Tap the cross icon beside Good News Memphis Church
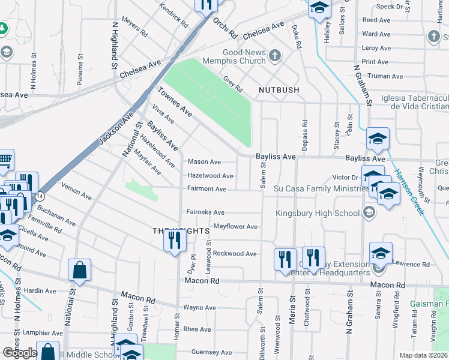[275, 56]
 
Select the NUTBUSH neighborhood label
[279, 90]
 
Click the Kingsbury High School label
[318, 213]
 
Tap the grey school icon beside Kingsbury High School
[369, 212]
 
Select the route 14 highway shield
[39, 196]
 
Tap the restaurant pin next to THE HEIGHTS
[175, 241]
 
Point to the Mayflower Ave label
[236, 227]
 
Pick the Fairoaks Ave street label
[205, 212]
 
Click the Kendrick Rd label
[174, 15]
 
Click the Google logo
[19, 353]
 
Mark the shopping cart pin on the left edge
[5, 160]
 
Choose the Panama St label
[80, 68]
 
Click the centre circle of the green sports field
[207, 92]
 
